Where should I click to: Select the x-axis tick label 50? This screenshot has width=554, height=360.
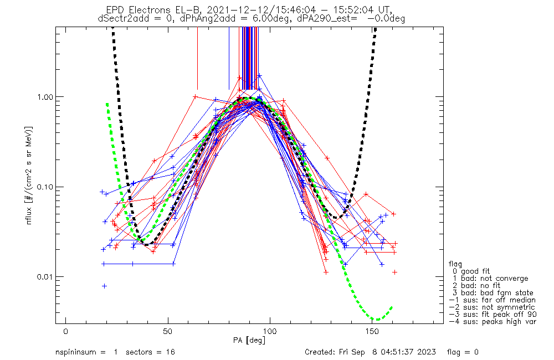pos(168,331)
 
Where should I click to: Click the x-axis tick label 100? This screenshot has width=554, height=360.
pos(270,331)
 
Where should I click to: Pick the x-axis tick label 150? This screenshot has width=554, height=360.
pos(372,331)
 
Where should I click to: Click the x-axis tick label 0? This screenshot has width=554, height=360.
pos(66,331)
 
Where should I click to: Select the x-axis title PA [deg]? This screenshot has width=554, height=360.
pos(249,340)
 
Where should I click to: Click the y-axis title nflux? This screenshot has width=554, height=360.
pos(29,215)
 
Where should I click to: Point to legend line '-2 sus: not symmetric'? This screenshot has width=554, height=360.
pos(492,307)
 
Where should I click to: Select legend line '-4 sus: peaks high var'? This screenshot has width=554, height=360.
pos(493,321)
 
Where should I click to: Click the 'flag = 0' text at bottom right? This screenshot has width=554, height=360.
pos(463,352)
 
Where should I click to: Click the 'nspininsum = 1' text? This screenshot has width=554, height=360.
pos(86,352)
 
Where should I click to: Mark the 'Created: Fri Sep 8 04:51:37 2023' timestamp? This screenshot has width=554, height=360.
pos(370,352)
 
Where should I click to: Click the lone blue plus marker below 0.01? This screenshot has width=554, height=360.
pos(104,286)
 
